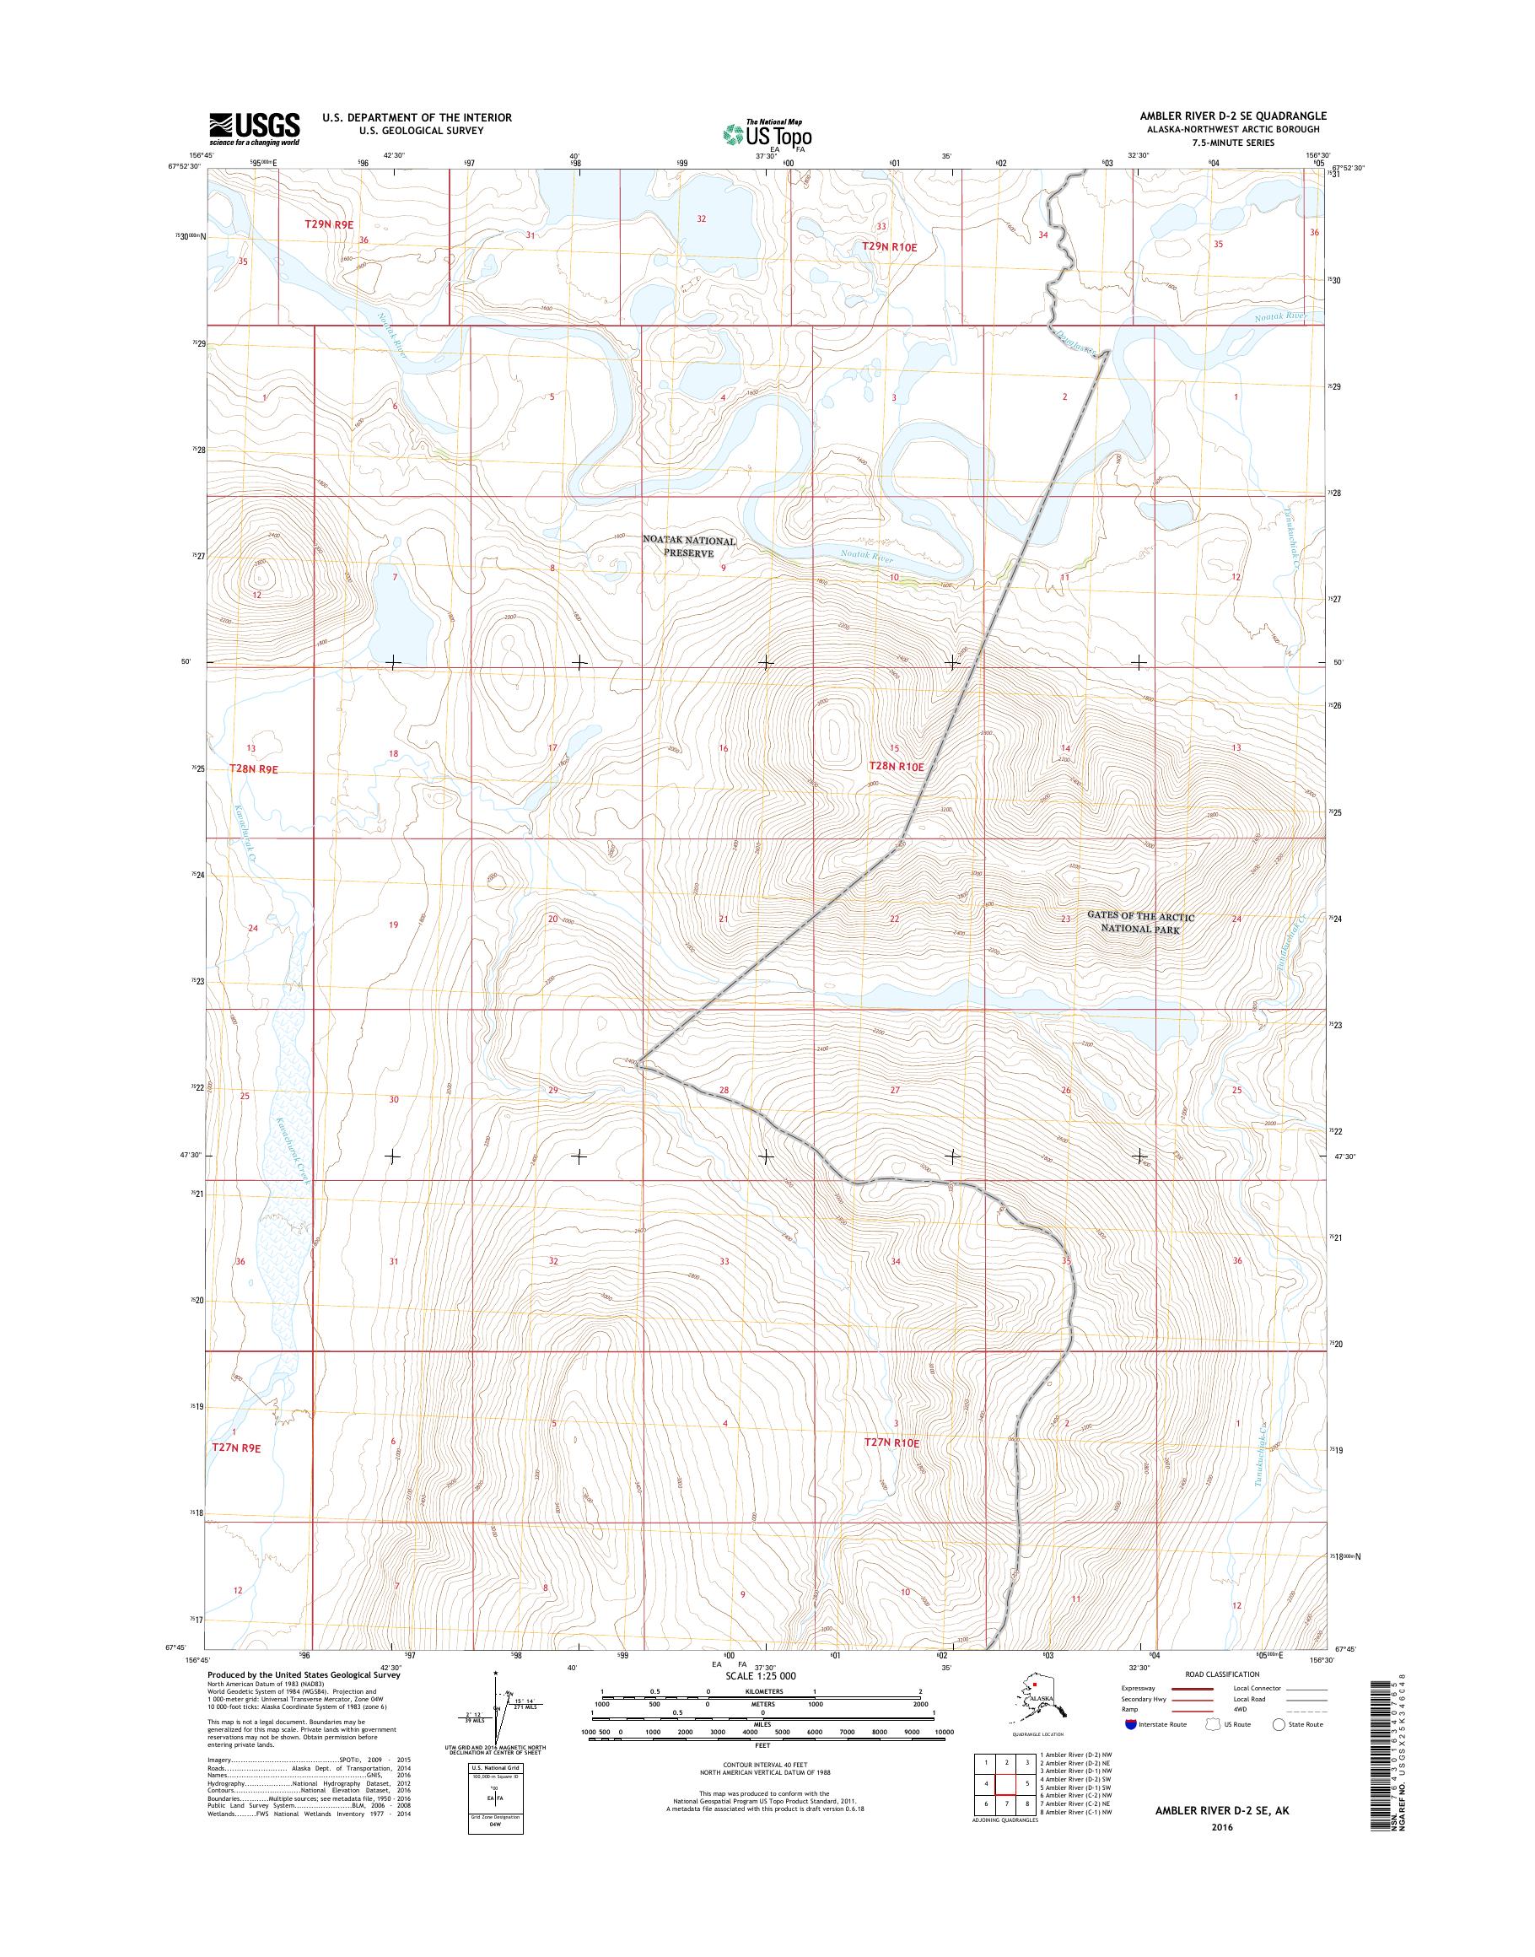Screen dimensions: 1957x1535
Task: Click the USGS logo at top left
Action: coord(255,128)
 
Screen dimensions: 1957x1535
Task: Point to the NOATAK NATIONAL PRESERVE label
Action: coord(689,547)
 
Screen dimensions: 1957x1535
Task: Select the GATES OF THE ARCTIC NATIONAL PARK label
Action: coord(1140,922)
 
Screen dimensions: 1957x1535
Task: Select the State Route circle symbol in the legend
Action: coord(1279,1724)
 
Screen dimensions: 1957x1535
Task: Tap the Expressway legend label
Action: coord(1138,1687)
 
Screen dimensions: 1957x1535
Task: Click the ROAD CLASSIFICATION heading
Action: coord(1223,1674)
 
